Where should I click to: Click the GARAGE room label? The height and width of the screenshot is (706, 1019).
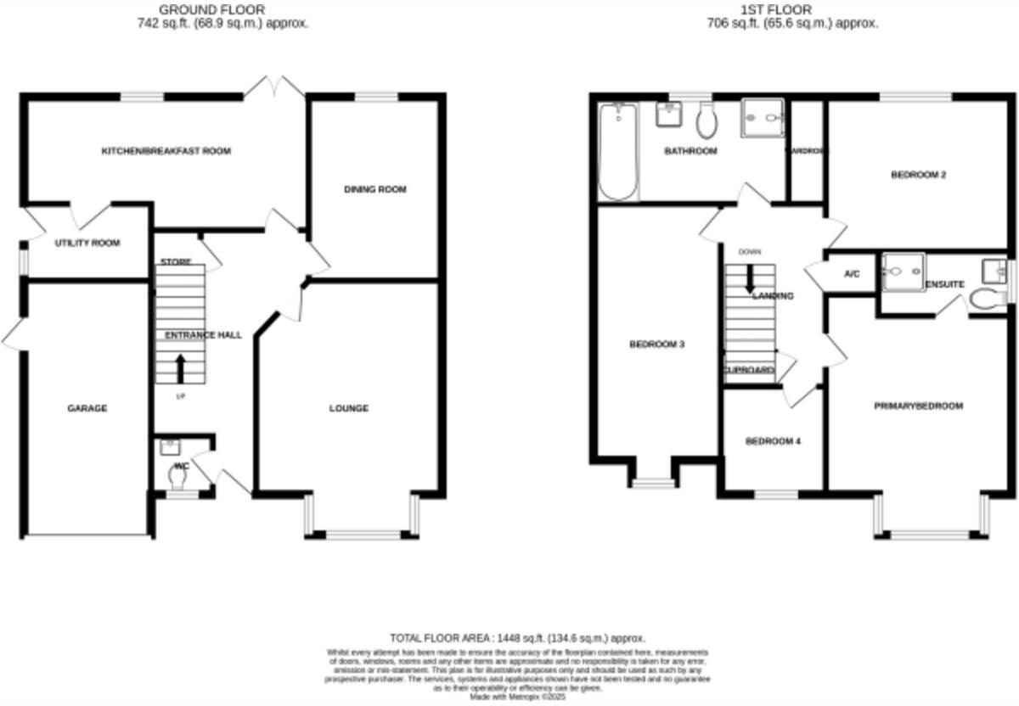87,408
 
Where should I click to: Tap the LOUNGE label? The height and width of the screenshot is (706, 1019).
349,408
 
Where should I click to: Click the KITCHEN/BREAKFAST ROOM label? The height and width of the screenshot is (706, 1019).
166,151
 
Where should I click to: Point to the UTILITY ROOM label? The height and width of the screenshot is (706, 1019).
87,243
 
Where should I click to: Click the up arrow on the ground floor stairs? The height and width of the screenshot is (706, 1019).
180,368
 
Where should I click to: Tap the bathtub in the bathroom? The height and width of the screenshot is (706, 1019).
618,151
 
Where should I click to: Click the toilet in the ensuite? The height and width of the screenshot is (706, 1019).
984,298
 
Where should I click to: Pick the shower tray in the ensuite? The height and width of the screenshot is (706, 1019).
902,272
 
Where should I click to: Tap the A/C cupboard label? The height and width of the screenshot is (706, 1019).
852,274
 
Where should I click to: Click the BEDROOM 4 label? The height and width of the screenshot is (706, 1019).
773,441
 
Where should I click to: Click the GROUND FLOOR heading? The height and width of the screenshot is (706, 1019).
223,10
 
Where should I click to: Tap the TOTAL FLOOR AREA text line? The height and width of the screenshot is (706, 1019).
518,637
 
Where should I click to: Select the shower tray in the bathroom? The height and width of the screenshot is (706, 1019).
763,119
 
